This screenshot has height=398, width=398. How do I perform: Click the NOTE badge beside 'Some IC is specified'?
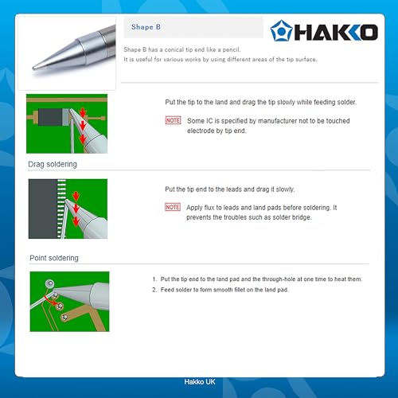point(173,120)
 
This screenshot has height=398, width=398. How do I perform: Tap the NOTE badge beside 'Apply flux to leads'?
point(173,207)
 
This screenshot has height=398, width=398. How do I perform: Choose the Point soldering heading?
point(55,258)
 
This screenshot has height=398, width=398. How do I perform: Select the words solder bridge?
point(291,217)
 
